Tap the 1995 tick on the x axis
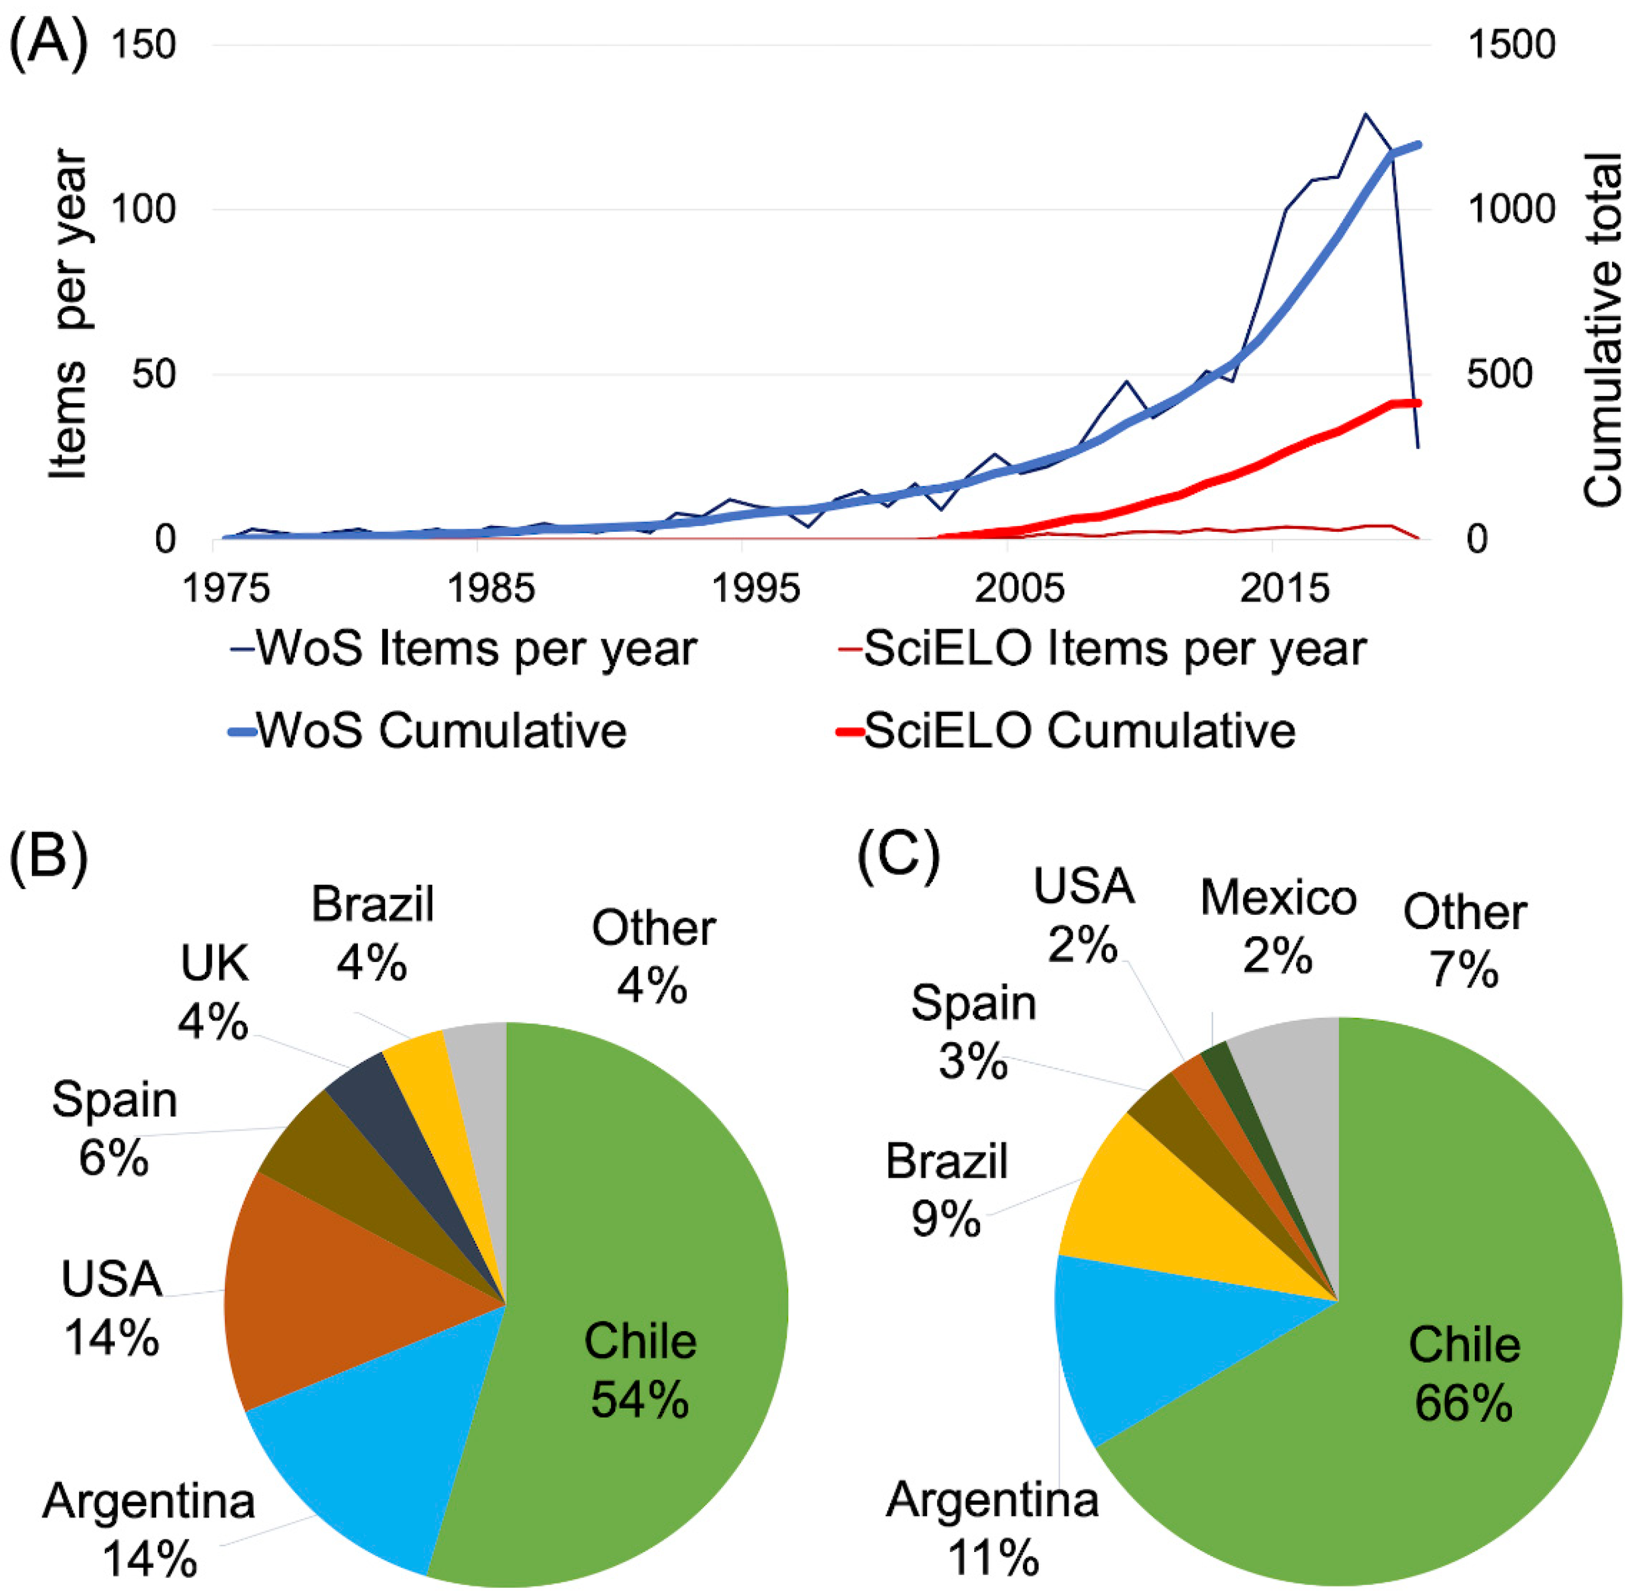point(755,588)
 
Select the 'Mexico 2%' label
point(1278,926)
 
